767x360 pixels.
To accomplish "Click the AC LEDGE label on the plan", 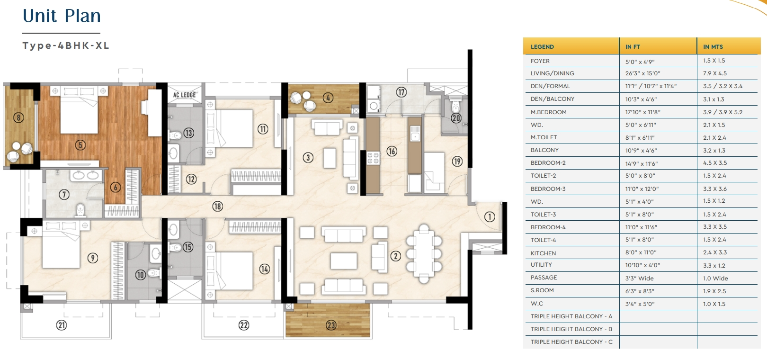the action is [x=184, y=95].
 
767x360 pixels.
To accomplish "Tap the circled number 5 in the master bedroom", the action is [x=80, y=145].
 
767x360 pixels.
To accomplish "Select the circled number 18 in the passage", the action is [x=217, y=206].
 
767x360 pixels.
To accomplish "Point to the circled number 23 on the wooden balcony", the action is [x=331, y=325].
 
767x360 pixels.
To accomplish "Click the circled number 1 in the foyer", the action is [x=490, y=216].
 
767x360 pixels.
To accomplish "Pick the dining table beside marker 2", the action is [x=424, y=254].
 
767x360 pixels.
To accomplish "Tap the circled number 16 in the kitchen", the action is [x=392, y=151].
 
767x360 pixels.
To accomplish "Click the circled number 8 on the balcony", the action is [x=18, y=118].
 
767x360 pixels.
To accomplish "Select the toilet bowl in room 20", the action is [x=455, y=106].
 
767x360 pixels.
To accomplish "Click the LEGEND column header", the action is [x=542, y=47].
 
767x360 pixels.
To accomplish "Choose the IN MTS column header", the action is [x=713, y=47].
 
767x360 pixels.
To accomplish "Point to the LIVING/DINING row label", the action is [x=553, y=73].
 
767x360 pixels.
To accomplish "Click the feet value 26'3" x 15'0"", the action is [x=642, y=73].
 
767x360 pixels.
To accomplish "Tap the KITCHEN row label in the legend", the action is [x=543, y=253].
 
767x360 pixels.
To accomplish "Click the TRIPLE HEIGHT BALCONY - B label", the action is [x=571, y=329].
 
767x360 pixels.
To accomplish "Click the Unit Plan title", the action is [x=62, y=16].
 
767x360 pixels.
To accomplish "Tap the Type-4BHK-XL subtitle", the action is [x=66, y=45].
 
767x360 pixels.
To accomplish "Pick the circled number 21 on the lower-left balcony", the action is [x=61, y=325].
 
